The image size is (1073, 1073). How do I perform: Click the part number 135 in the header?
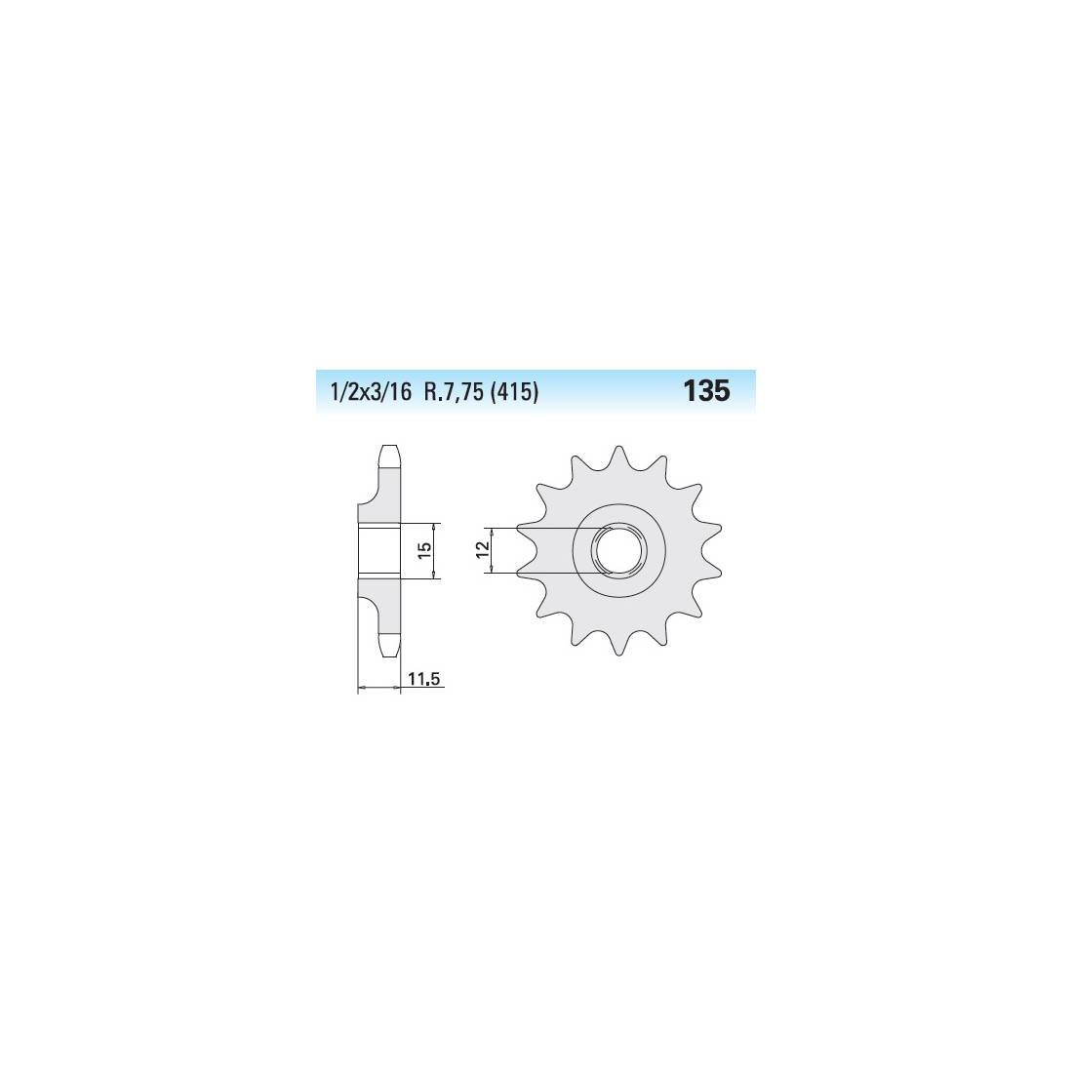tap(706, 391)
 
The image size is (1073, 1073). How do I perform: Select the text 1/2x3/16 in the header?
tap(371, 393)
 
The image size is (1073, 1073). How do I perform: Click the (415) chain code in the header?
tap(514, 393)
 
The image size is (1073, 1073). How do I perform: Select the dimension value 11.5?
tap(425, 680)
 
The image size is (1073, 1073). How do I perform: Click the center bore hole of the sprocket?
tap(618, 550)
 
